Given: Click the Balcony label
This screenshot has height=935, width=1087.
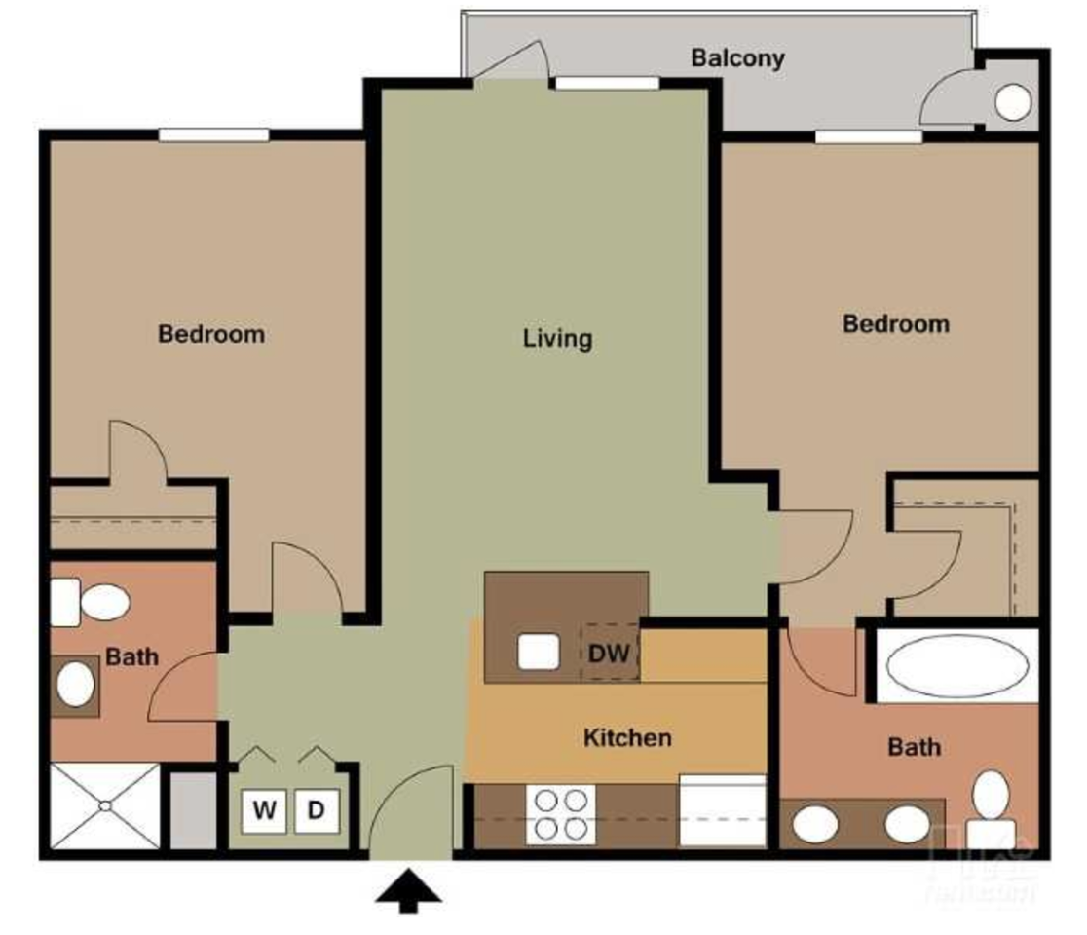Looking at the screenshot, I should pos(737,57).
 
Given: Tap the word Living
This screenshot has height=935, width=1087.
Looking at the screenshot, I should pos(557,338).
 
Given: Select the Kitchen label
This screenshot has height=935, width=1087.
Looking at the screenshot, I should pos(627,737).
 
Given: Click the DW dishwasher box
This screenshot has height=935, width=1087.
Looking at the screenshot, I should pos(611,652).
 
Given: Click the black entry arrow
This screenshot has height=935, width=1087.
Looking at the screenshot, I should pos(410,891).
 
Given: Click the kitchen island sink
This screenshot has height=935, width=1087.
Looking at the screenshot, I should pos(538,652).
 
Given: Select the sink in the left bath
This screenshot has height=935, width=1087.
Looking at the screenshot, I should pos(75,685).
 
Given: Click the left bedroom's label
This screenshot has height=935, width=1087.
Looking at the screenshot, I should pos(211,334).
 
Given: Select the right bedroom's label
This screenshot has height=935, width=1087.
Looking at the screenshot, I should pos(896,323).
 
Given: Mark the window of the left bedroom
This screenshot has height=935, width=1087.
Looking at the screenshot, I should pos(213,135).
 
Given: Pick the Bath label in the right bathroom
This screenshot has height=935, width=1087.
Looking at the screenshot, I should pos(915,747).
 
